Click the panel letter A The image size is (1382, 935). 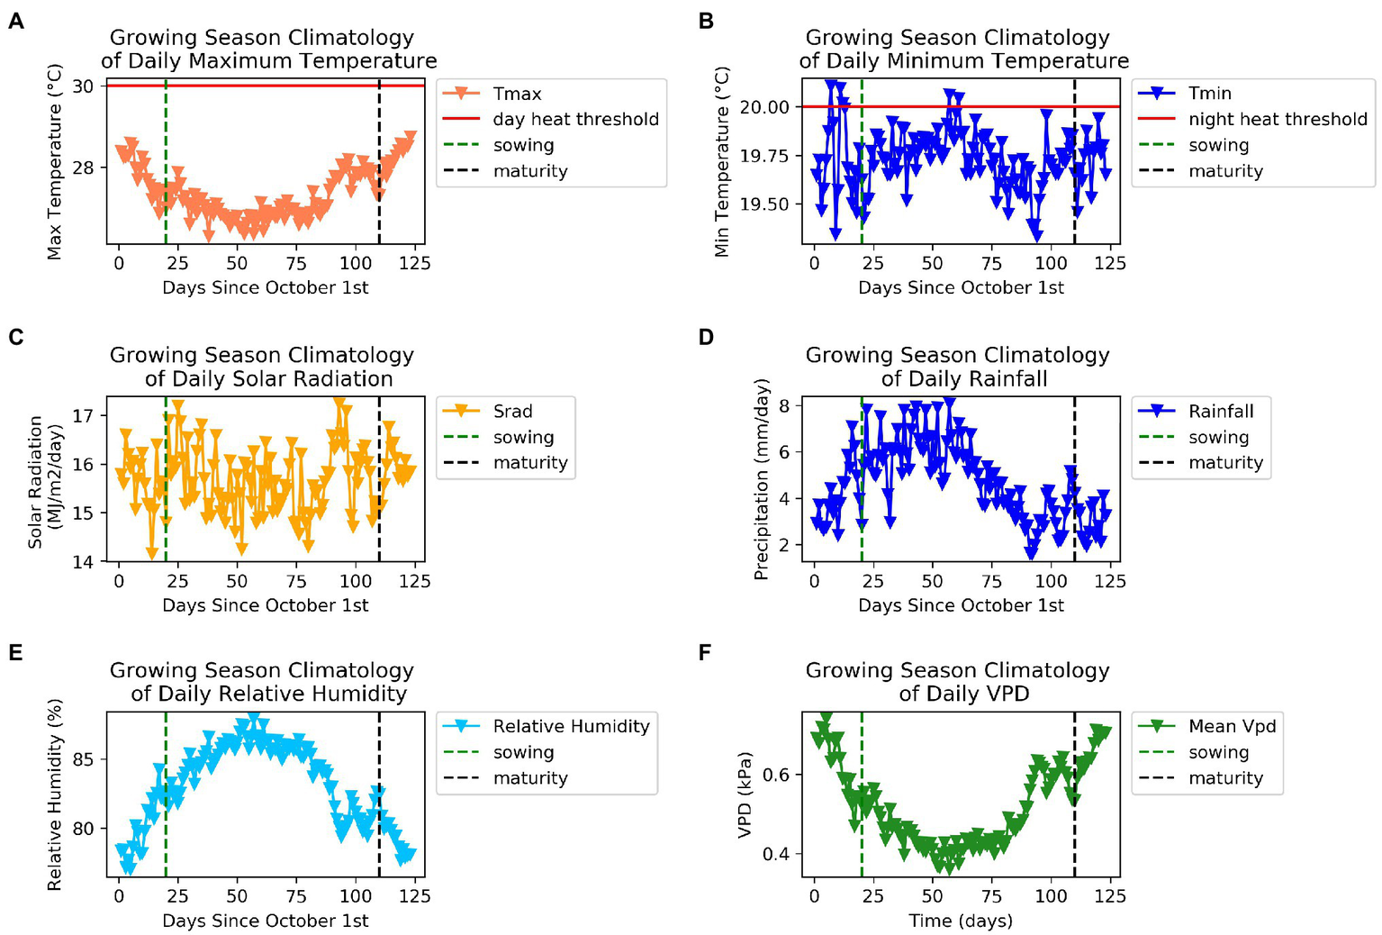(16, 21)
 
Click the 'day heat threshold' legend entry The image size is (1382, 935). (575, 119)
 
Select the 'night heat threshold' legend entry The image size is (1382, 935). (1277, 119)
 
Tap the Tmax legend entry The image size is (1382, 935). (517, 94)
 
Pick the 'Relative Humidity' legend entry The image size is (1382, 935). (571, 726)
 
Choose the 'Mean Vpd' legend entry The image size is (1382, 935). (1232, 726)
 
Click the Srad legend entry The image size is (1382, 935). (512, 411)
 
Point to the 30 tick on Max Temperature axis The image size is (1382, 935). (84, 86)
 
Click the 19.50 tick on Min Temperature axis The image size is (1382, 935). (763, 204)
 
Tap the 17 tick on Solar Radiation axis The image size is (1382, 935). (84, 415)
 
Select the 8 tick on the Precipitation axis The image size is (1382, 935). (784, 406)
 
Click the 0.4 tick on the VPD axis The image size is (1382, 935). (775, 854)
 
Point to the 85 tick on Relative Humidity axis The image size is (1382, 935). (84, 759)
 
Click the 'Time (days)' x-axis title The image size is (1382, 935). (960, 921)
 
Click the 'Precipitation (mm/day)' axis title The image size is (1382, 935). (762, 479)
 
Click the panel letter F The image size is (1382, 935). (705, 652)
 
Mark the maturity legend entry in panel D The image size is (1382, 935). (1225, 463)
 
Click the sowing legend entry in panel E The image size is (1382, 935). (523, 752)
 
